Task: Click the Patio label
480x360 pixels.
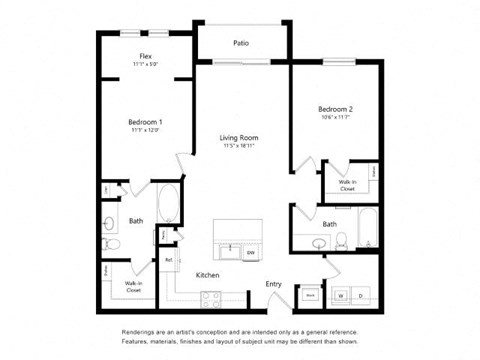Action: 241,43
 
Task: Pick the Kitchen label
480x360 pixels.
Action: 208,274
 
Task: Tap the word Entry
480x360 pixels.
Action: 273,283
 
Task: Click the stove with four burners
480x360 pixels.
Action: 212,296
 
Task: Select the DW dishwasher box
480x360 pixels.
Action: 251,250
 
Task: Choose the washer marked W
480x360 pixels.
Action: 340,296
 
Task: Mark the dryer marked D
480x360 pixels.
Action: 361,296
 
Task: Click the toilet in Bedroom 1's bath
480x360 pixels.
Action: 111,244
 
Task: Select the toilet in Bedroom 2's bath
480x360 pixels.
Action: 341,240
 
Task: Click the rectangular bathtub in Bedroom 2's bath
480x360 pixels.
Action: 367,229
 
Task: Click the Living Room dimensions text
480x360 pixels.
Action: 240,147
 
